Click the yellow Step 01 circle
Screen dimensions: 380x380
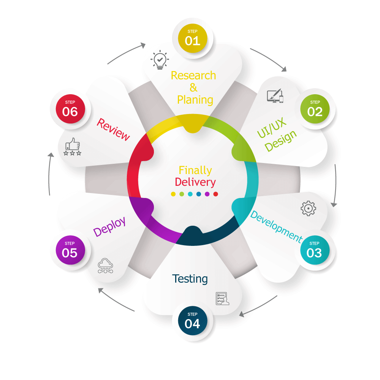(x=193, y=37)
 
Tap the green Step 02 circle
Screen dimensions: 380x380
(x=315, y=108)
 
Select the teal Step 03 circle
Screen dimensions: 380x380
(x=314, y=250)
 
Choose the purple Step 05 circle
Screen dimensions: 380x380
(x=70, y=250)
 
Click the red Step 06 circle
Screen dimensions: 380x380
(x=70, y=108)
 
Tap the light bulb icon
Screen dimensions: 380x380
(x=160, y=60)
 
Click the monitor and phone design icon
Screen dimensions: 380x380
(x=275, y=96)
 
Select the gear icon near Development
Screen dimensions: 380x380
(x=308, y=209)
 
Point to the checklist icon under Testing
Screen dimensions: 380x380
(x=223, y=299)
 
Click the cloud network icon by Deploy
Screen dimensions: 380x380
(x=105, y=266)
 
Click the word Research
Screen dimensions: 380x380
(x=193, y=75)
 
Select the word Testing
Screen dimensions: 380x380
(x=190, y=279)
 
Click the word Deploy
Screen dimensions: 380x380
(x=109, y=227)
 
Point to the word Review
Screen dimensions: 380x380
(x=113, y=129)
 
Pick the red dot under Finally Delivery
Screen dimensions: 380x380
(x=216, y=194)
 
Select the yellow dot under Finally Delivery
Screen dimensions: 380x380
(x=173, y=194)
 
